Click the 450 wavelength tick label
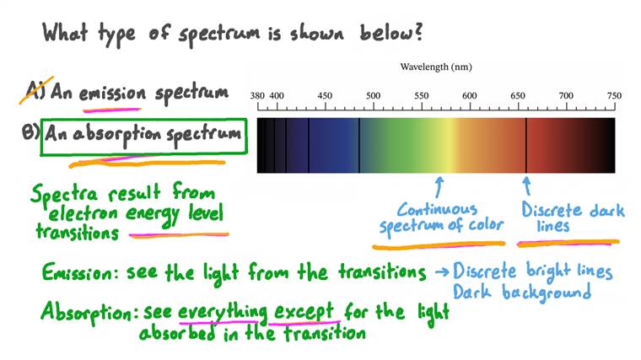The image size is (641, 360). [x=325, y=95]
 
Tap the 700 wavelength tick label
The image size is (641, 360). [x=566, y=95]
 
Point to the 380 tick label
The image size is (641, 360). [x=257, y=95]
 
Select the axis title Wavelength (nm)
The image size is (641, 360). [x=436, y=67]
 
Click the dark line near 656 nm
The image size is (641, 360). [x=526, y=146]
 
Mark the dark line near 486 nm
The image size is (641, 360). [x=359, y=146]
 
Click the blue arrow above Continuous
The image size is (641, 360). [x=439, y=187]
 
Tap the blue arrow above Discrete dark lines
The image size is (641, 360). [x=527, y=186]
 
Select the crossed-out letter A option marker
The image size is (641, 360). [x=35, y=90]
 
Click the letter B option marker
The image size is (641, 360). [x=30, y=132]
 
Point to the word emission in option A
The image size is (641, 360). [x=112, y=93]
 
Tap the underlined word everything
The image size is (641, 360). [x=223, y=313]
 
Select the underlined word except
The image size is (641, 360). [x=304, y=313]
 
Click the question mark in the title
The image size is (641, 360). [x=417, y=31]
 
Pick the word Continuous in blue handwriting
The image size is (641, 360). [x=438, y=209]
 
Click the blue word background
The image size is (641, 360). [x=547, y=293]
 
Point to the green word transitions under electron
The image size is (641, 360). [x=78, y=232]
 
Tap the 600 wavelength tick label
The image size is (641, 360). [x=470, y=95]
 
